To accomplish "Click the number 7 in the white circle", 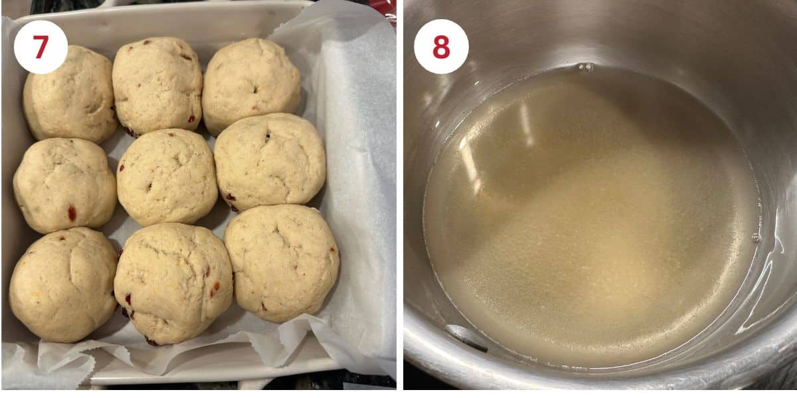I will click(41, 47).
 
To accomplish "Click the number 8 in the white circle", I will click(441, 46).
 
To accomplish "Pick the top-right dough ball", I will click(251, 85).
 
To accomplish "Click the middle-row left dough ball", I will click(64, 185).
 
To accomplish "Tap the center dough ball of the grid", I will click(167, 176).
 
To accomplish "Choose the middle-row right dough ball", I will click(270, 162).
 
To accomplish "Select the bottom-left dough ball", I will click(63, 285).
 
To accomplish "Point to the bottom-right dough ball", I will click(282, 262).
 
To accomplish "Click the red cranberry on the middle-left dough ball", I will click(72, 214).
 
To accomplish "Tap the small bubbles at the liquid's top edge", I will click(585, 66).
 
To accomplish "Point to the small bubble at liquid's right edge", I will click(755, 237).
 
